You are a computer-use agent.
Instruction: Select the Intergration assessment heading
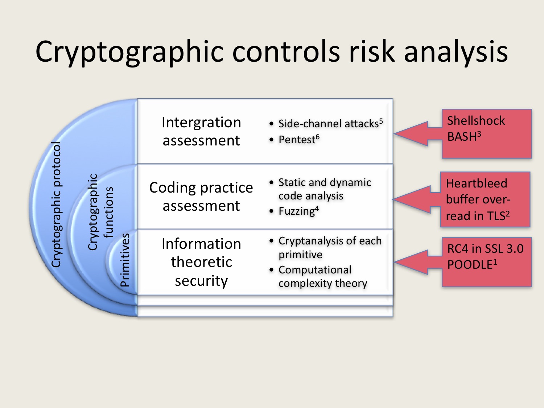[201, 131]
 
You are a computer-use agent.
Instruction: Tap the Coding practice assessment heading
[201, 196]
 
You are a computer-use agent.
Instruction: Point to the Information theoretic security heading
[201, 262]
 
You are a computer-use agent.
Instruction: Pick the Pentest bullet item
[298, 140]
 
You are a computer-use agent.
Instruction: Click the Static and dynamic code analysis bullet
[324, 189]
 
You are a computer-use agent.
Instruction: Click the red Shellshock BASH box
[486, 133]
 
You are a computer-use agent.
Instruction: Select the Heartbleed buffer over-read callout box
[485, 199]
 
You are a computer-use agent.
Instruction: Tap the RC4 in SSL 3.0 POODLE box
[486, 262]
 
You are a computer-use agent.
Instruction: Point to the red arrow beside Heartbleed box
[416, 199]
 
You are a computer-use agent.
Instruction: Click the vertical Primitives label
[125, 260]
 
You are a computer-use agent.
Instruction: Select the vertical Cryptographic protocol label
[56, 205]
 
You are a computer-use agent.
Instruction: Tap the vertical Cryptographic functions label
[100, 212]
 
